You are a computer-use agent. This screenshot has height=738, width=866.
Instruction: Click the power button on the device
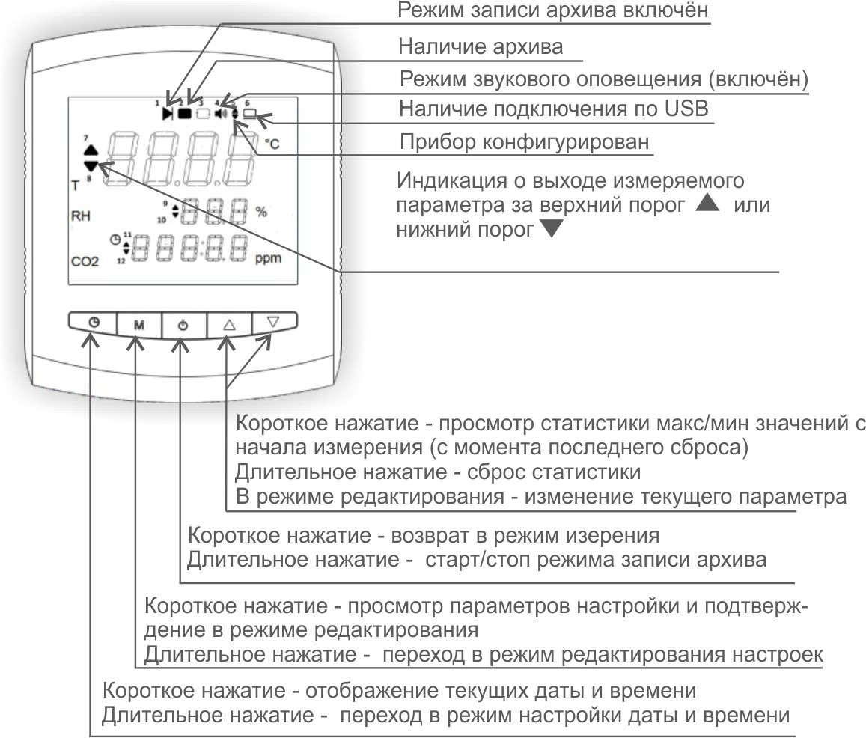coord(182,325)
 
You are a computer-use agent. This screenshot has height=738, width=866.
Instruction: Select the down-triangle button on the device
coord(272,322)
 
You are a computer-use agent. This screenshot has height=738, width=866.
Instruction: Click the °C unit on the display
coord(271,144)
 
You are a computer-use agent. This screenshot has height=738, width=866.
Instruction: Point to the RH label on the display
coord(80,216)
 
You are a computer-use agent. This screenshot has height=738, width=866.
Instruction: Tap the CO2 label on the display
coord(84,263)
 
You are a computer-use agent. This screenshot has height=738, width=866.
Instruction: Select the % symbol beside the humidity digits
coord(260,211)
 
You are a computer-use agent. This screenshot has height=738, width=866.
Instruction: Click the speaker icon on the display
coord(220,114)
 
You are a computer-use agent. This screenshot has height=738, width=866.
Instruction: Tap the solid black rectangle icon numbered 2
coord(185,114)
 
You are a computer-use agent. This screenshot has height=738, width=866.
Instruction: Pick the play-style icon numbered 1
coord(168,114)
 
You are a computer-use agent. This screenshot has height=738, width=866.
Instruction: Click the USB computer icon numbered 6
coord(251,115)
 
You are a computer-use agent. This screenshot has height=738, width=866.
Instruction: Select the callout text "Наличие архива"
coord(481,47)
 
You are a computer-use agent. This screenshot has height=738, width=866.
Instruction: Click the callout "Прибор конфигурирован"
coord(524,141)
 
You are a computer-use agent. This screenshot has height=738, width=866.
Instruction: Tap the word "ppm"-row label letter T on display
coord(75,183)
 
